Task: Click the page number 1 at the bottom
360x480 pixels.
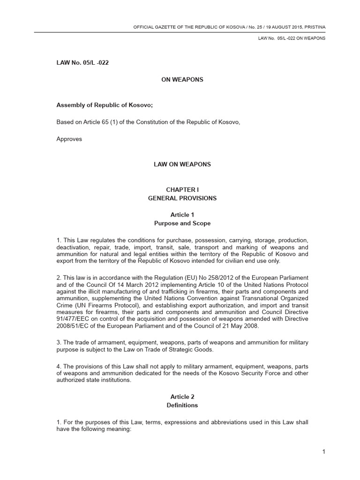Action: [x=323, y=451]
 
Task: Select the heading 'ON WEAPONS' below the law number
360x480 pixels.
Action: [x=182, y=80]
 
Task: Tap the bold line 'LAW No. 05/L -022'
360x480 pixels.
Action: [x=82, y=62]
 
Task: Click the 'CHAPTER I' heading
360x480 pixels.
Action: [x=182, y=189]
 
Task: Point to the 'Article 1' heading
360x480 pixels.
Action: [x=182, y=215]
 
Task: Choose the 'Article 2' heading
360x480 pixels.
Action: [x=182, y=397]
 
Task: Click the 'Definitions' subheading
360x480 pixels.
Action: [x=182, y=405]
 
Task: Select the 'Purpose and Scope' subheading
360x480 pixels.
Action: [x=182, y=223]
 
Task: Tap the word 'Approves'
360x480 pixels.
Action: [x=69, y=139]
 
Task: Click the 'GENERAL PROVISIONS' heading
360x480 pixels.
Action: [x=182, y=198]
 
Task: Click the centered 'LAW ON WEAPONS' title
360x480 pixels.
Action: [x=182, y=165]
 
